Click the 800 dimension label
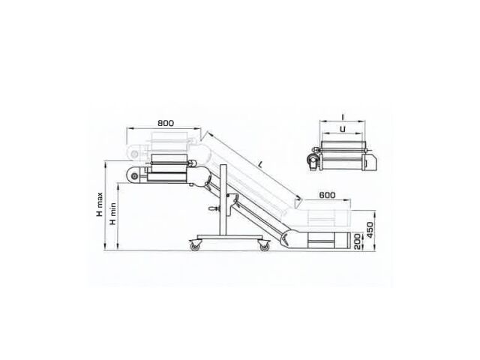pyautogui.click(x=166, y=123)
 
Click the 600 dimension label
pyautogui.click(x=327, y=195)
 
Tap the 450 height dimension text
pyautogui.click(x=370, y=230)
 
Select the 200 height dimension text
pyautogui.click(x=357, y=241)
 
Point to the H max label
pyautogui.click(x=100, y=205)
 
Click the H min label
pyautogui.click(x=113, y=214)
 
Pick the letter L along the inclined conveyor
pyautogui.click(x=260, y=165)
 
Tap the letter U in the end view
pyautogui.click(x=343, y=129)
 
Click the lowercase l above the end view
pyautogui.click(x=343, y=117)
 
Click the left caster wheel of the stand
pyautogui.click(x=195, y=245)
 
